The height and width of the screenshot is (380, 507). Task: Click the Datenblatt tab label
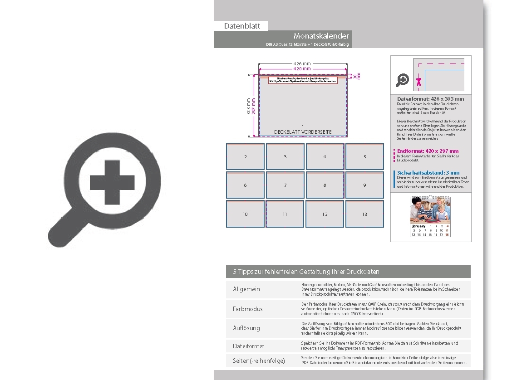click(x=242, y=26)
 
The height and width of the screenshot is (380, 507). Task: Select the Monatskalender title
click(x=321, y=36)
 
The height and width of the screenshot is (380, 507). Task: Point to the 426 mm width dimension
click(x=302, y=63)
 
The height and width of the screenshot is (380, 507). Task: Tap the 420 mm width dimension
click(x=302, y=68)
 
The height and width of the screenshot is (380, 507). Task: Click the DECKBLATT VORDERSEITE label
click(x=303, y=132)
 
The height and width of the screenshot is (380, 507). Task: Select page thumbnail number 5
click(x=364, y=156)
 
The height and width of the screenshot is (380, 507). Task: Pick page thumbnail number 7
click(x=285, y=185)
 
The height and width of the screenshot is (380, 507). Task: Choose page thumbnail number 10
click(x=245, y=214)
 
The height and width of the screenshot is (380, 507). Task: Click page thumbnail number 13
click(x=364, y=214)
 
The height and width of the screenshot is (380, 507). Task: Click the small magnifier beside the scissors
click(x=402, y=80)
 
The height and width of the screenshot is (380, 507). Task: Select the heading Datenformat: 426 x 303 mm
click(x=430, y=99)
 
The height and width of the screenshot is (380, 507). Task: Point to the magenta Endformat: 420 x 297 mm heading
click(x=428, y=151)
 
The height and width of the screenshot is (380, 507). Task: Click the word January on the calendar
click(x=418, y=226)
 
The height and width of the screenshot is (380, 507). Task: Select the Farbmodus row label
click(x=247, y=309)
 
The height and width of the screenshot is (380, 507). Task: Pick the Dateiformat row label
click(x=248, y=346)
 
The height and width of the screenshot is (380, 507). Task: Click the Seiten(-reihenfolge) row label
click(x=259, y=361)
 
